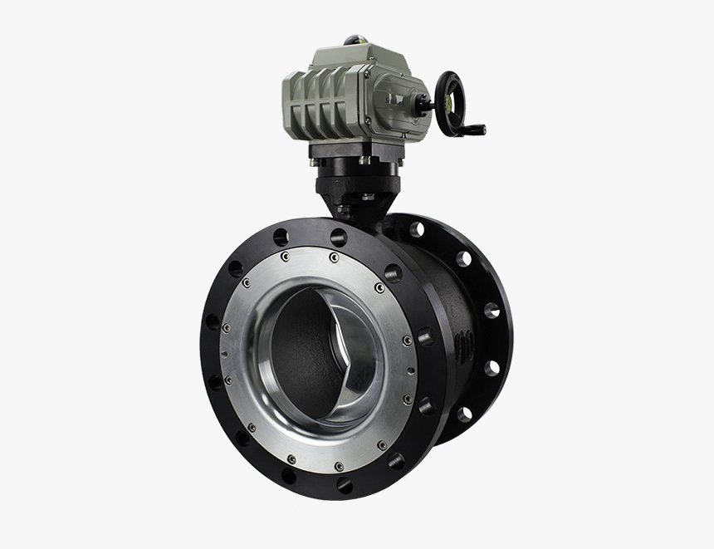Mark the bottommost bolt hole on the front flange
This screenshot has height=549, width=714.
(344, 485)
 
